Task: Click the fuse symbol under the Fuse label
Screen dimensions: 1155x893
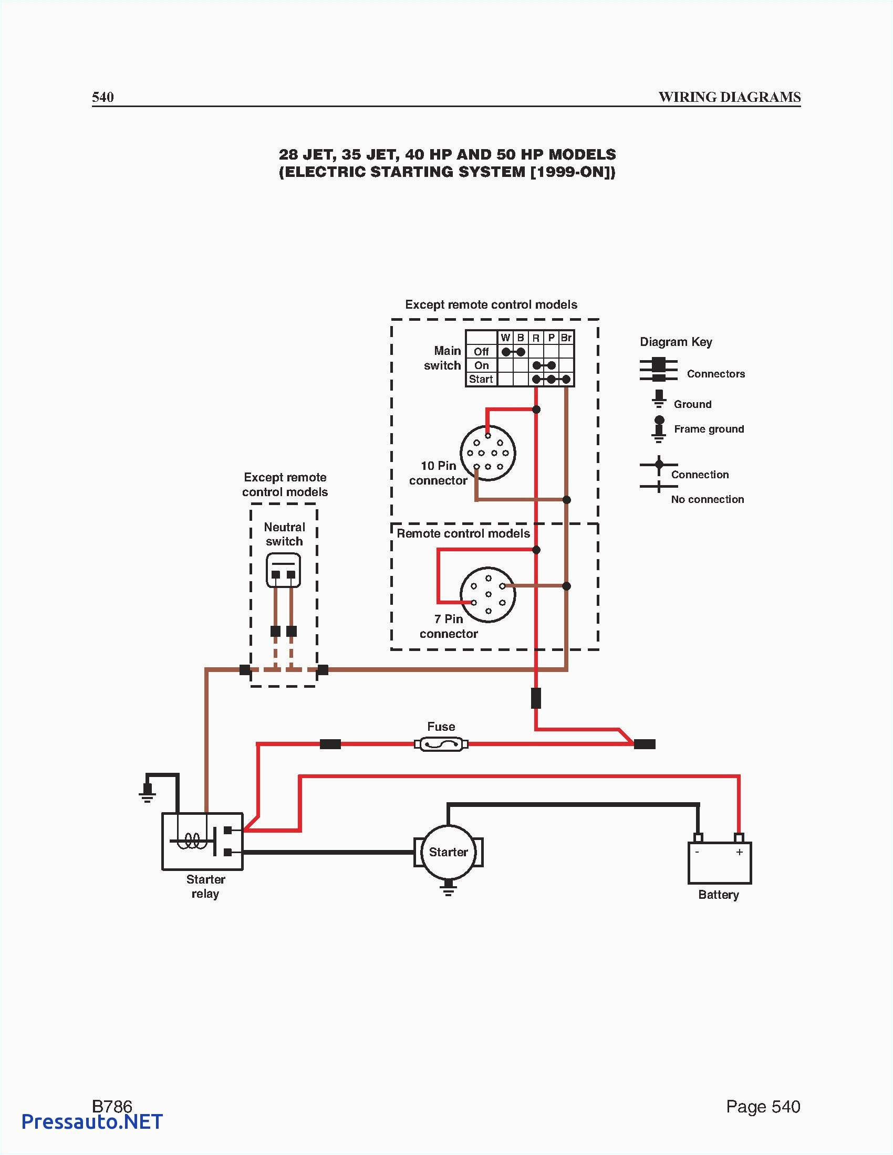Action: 441,744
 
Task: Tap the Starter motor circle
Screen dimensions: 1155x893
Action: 448,852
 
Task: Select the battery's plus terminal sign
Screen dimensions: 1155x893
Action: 739,852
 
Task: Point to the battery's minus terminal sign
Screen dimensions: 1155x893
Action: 697,852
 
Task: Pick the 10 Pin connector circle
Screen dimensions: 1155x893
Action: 488,453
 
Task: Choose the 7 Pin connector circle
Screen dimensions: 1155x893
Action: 488,594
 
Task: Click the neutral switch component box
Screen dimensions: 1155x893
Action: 284,571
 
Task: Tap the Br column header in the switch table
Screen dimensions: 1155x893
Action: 566,338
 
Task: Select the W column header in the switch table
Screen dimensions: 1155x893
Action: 505,338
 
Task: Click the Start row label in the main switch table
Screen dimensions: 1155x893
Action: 481,379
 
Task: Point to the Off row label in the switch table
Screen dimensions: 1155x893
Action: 481,352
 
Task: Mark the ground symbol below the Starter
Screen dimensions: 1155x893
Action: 449,888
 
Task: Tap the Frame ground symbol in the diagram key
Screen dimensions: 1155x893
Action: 659,429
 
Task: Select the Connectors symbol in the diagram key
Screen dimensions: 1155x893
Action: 659,370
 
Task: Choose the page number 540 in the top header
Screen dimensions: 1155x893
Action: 102,97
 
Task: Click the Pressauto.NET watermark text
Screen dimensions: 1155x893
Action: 92,1121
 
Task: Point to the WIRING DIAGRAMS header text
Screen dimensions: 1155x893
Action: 729,97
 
